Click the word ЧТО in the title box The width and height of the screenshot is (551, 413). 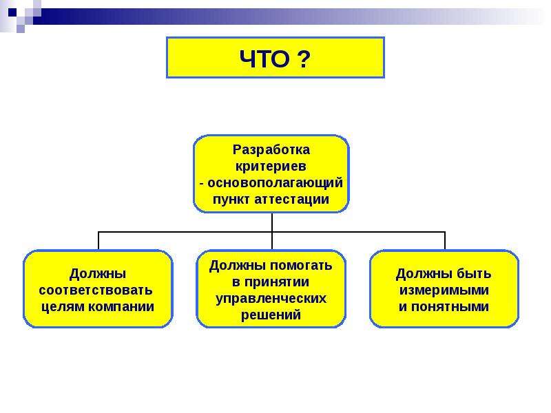264,59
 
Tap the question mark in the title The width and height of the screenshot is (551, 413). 304,59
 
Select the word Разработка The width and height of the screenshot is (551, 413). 271,150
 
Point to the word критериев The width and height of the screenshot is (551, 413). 271,166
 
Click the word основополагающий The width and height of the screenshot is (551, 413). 275,183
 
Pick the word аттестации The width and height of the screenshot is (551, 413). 291,199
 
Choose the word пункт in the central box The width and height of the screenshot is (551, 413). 231,200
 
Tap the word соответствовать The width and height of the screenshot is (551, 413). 96,290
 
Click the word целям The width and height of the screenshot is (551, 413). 63,307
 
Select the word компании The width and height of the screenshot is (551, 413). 121,306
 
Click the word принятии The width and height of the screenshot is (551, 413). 277,282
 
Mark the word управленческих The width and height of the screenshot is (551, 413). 271,299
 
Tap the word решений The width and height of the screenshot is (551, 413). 271,315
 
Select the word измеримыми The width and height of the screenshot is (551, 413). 444,290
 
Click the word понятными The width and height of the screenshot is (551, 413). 450,306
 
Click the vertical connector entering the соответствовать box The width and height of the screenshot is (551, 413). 98,241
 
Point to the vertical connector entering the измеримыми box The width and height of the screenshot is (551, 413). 445,241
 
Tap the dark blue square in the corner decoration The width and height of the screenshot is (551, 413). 12,12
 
